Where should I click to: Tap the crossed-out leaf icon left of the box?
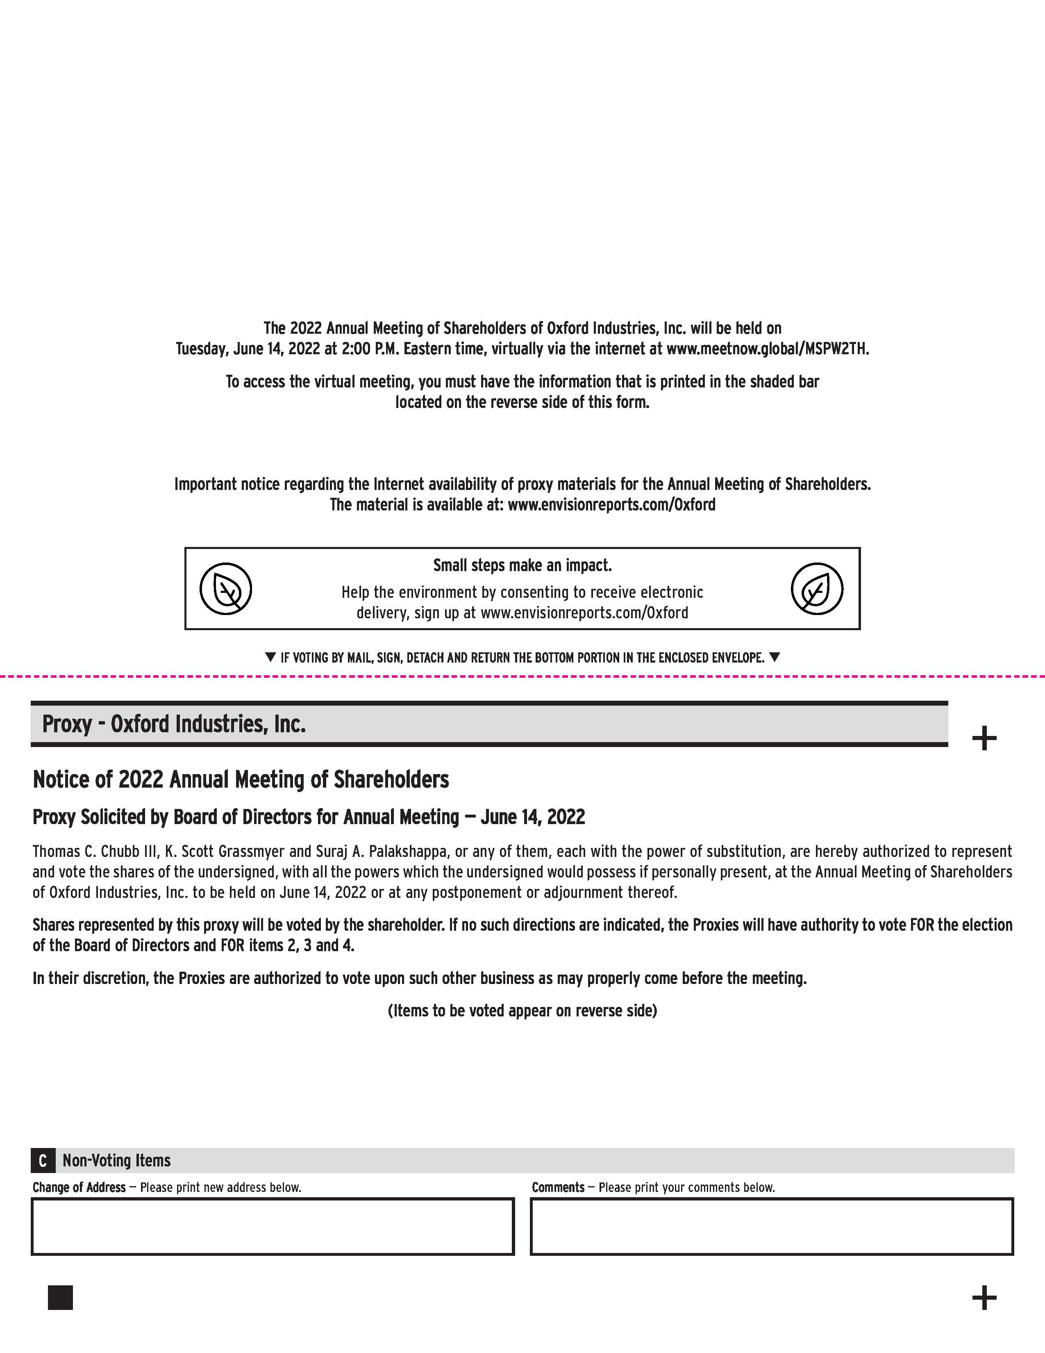pos(226,588)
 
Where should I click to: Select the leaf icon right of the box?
pos(817,588)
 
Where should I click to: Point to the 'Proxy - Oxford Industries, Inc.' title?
pos(174,724)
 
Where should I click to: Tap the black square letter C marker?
pos(43,1160)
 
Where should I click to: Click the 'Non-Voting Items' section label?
pos(116,1160)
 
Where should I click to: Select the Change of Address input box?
pos(273,1227)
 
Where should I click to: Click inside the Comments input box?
pos(771,1227)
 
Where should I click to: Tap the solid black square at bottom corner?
pos(60,1297)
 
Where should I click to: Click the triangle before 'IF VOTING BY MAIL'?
pos(270,657)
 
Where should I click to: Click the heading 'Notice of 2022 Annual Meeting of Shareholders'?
pos(241,779)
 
